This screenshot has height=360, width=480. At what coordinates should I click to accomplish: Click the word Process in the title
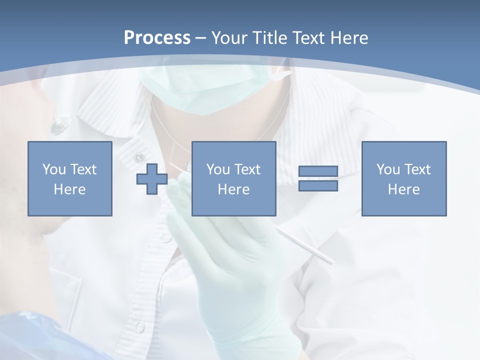tap(157, 38)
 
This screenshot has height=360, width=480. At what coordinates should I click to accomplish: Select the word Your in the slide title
tap(231, 38)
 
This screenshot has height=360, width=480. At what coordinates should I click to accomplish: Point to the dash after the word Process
tap(201, 38)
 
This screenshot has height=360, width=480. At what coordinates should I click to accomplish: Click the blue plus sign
tap(152, 178)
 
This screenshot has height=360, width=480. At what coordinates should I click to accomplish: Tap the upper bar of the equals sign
tap(318, 171)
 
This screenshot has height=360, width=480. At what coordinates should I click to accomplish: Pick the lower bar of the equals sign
tap(318, 185)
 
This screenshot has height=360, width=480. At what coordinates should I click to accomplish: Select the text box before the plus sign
tap(70, 178)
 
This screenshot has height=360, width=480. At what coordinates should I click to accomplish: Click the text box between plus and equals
tap(234, 178)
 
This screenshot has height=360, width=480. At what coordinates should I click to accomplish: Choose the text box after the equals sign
tap(404, 178)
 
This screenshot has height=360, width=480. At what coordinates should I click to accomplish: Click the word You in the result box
tap(387, 169)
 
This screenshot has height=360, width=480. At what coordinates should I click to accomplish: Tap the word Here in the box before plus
tap(70, 189)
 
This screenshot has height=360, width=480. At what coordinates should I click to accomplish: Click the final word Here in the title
tap(349, 38)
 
